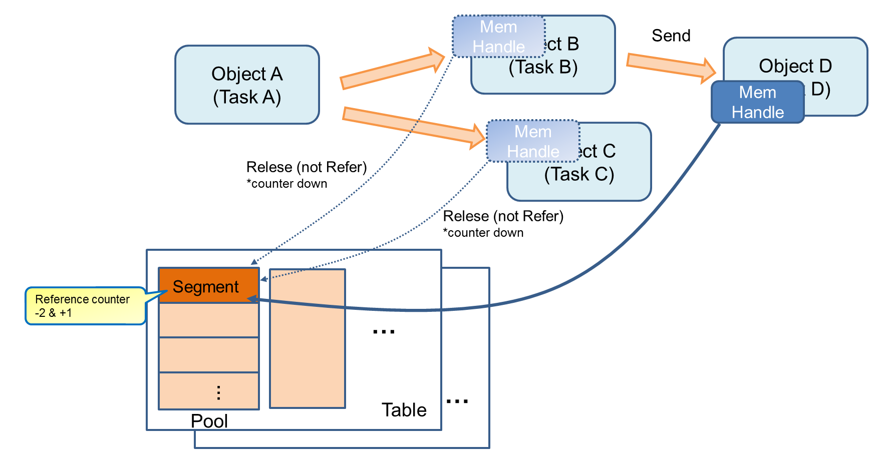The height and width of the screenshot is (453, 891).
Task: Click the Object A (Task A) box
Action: tap(247, 85)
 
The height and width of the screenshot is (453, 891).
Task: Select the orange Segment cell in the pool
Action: tap(208, 286)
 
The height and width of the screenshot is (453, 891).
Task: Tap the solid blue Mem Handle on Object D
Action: tap(757, 102)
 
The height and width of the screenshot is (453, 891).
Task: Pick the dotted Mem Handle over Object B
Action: tap(498, 37)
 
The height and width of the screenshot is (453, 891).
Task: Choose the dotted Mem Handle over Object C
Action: tap(533, 141)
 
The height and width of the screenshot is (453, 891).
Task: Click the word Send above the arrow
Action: tap(671, 36)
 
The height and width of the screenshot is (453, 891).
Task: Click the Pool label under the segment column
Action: tap(209, 421)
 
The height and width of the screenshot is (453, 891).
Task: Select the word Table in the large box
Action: tap(404, 410)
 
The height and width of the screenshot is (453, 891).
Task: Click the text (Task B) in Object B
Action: tap(543, 67)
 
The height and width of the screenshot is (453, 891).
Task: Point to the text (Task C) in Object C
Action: tap(579, 174)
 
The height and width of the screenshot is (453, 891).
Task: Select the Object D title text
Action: tap(795, 66)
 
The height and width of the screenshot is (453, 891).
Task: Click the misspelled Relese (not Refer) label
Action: tap(503, 216)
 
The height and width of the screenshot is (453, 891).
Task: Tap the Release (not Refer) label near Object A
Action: tap(307, 167)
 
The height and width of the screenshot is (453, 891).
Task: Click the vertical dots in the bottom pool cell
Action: tap(218, 392)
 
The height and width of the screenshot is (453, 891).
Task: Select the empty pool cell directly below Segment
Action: tap(208, 320)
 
